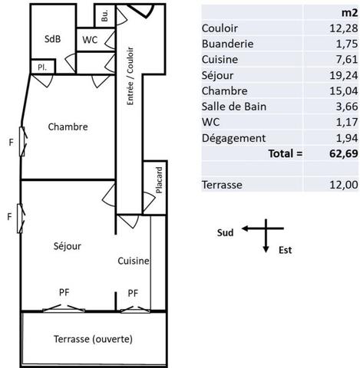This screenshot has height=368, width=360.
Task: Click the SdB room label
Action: [52, 39]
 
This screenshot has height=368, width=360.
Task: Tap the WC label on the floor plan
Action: [90, 40]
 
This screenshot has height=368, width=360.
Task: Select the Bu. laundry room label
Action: [104, 15]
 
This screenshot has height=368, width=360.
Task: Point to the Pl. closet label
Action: [42, 67]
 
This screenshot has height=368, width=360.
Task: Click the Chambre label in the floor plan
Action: [68, 127]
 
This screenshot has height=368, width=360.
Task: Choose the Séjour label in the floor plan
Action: [68, 246]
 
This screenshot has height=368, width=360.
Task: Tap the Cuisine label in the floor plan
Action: [134, 261]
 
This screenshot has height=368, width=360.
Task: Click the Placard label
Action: [159, 180]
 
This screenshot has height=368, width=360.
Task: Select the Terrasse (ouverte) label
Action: [93, 339]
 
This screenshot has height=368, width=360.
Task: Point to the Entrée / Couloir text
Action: [130, 76]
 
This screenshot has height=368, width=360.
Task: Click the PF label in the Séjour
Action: [64, 292]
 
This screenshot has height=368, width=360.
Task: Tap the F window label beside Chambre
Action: [11, 143]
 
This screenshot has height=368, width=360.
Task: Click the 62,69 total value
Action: [343, 153]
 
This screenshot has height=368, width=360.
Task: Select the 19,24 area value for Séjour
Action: [343, 75]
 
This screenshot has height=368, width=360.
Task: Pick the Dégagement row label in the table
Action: [233, 138]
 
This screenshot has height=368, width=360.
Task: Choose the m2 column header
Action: [349, 12]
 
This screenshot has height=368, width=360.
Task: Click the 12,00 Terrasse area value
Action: [343, 185]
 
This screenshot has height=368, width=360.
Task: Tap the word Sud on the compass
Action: [225, 233]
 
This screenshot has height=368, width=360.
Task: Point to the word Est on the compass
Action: [285, 250]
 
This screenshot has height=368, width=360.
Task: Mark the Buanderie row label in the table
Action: [227, 44]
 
